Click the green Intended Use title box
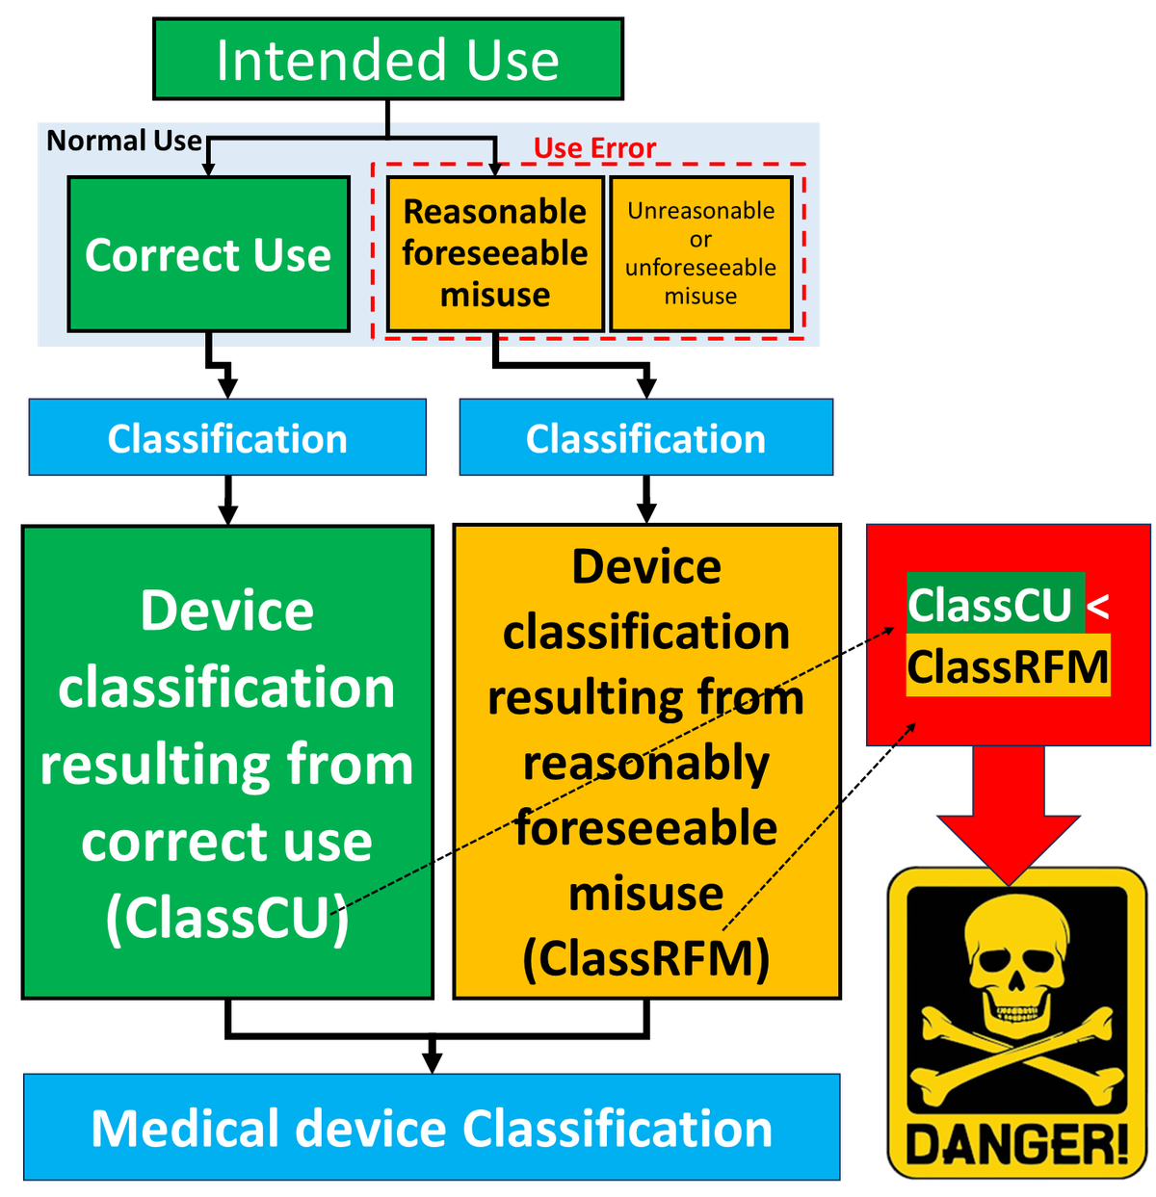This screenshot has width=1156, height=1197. click(387, 60)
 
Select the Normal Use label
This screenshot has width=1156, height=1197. click(124, 142)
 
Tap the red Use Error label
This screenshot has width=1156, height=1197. click(594, 148)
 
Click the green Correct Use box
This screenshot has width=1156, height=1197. click(208, 255)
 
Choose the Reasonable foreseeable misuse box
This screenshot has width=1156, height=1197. click(495, 253)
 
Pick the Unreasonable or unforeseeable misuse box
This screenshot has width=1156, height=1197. click(700, 253)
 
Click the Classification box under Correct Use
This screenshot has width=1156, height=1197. click(227, 438)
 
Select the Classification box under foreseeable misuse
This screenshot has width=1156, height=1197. click(645, 438)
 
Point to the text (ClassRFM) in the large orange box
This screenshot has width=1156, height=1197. click(645, 958)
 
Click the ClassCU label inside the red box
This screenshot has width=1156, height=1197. click(990, 605)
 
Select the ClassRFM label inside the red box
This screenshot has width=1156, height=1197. click(1008, 666)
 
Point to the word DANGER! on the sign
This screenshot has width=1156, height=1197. click(1017, 1145)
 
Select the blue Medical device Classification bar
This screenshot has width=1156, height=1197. click(432, 1128)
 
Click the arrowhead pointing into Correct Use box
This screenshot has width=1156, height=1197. click(208, 169)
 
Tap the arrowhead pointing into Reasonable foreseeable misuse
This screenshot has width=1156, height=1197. click(495, 169)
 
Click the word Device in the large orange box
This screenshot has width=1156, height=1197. click(645, 566)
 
